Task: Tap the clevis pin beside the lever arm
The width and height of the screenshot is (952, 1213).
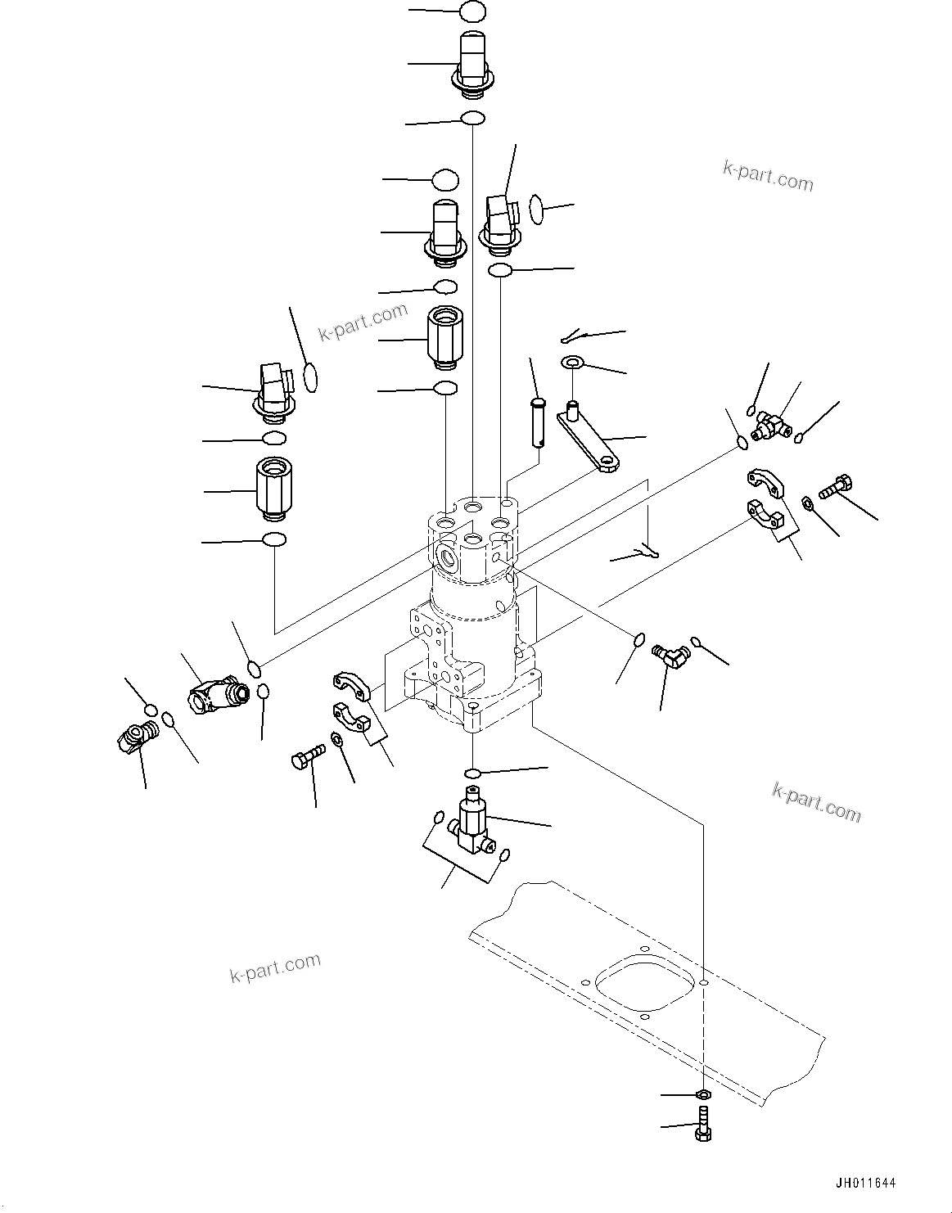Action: [536, 421]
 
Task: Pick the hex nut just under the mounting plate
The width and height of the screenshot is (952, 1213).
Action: [702, 1094]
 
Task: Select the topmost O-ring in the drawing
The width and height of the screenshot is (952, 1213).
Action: [472, 11]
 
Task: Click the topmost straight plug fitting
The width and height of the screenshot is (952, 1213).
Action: [472, 61]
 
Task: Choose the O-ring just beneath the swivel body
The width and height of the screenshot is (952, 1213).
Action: [472, 773]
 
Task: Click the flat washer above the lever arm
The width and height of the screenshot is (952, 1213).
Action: [571, 362]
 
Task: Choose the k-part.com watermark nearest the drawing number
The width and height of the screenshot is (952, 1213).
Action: [816, 801]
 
